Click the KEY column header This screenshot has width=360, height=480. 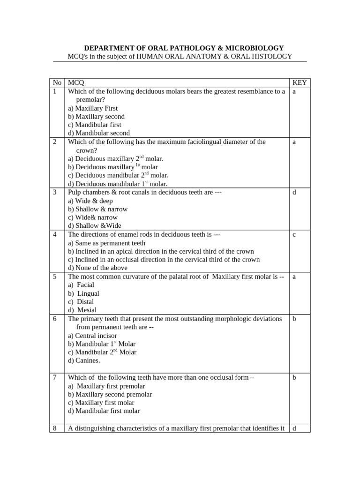299,83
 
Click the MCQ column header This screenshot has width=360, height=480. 76,83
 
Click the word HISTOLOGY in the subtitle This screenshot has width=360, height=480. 273,56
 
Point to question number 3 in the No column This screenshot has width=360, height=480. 55,192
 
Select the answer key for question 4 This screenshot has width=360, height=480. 294,234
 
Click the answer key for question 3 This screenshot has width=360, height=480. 294,192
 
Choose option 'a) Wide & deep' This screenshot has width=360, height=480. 90,201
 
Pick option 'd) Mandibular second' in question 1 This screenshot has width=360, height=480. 99,133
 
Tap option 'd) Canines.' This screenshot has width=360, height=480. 84,360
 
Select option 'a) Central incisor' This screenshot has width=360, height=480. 92,336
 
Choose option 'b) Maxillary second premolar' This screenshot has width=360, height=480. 110,394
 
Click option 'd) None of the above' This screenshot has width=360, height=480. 97,268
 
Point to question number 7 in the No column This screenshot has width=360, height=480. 55,377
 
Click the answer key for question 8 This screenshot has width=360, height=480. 294,428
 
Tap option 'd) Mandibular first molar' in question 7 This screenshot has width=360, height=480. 104,411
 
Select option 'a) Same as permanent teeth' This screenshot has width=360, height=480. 106,243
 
